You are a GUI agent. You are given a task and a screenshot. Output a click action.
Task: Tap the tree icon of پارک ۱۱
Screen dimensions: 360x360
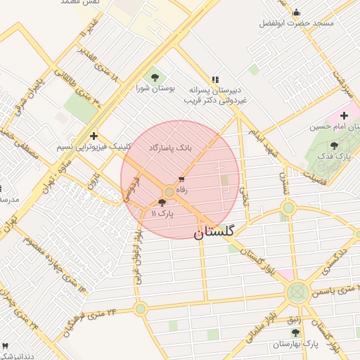(x=162, y=202)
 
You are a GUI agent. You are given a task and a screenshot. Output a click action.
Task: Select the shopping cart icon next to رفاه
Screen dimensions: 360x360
(x=181, y=180)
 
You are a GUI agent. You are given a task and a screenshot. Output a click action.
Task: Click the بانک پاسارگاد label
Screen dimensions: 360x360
(x=169, y=148)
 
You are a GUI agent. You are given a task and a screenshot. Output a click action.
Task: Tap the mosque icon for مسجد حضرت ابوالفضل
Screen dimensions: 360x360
(x=296, y=12)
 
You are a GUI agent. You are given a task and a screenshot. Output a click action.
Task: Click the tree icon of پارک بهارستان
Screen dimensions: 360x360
(x=294, y=332)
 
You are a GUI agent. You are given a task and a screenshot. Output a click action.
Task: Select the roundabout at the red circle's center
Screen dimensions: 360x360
(x=169, y=192)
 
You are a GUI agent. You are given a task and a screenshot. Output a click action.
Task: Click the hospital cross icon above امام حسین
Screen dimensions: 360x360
(x=344, y=115)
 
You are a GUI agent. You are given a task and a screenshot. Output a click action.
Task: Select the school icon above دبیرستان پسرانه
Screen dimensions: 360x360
(x=215, y=79)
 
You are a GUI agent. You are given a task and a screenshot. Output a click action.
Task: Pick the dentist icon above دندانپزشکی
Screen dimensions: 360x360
(x=6, y=346)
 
